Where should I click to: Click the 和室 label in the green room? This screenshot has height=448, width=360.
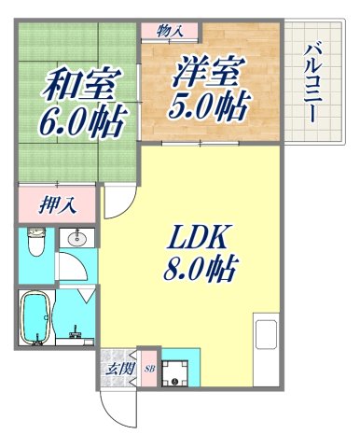(x=79, y=87)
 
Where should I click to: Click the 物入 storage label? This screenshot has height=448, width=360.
(x=169, y=31)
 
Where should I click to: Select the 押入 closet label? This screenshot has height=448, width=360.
(x=43, y=204)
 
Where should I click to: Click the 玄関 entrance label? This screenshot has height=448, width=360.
(x=117, y=367)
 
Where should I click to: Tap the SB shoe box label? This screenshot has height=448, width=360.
(x=147, y=369)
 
